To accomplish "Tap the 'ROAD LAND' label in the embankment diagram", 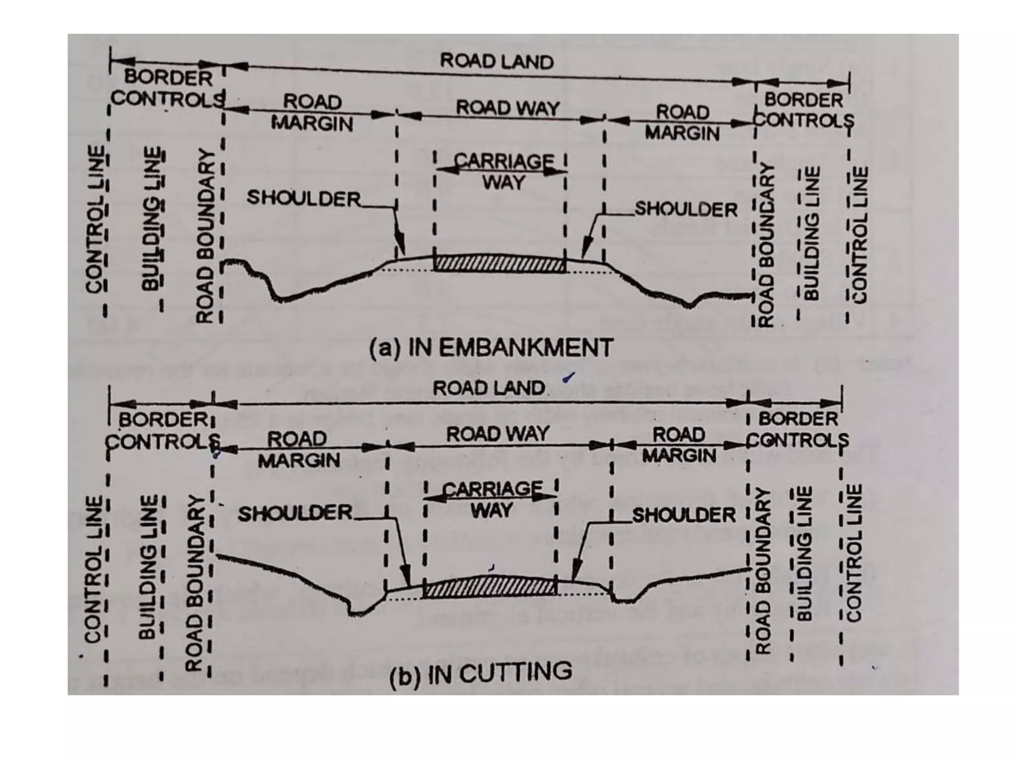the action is click(x=497, y=62).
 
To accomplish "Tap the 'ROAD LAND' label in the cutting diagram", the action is click(x=489, y=388).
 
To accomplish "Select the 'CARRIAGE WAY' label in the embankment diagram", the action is click(x=504, y=172).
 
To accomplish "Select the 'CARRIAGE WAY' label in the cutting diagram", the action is click(x=492, y=499).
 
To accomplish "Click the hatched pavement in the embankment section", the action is click(x=500, y=264).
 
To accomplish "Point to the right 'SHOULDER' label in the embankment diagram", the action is click(x=686, y=210).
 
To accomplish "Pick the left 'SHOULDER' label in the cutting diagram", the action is click(x=295, y=513).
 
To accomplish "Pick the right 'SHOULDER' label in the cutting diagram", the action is click(x=683, y=515).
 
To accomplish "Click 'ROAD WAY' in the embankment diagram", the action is click(x=508, y=108).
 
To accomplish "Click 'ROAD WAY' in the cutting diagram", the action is click(x=498, y=434).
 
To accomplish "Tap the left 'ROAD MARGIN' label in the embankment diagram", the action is click(x=312, y=113).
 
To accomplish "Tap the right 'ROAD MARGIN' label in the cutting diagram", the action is click(x=679, y=445).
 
